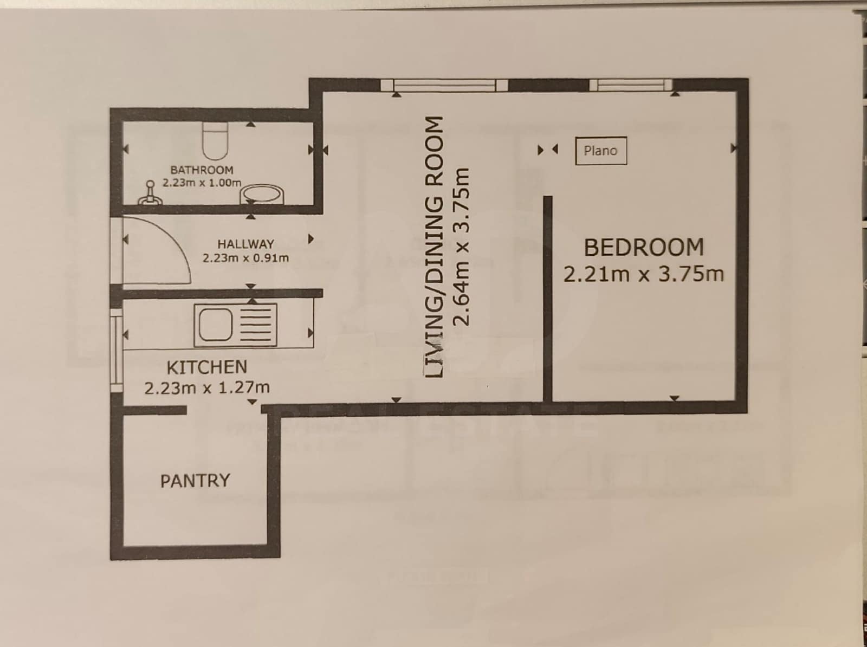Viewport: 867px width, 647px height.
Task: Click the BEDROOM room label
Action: point(644,248)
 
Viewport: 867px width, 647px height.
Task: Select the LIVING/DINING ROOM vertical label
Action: point(434,247)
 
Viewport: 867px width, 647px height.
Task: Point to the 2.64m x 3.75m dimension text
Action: point(461,247)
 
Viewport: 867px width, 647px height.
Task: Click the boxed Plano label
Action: point(601,151)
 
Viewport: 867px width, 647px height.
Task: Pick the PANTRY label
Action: point(195,481)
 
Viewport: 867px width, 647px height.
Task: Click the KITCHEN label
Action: point(207,367)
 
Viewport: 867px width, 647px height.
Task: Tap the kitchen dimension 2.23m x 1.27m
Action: point(207,387)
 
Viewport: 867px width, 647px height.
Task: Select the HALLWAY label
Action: point(245,244)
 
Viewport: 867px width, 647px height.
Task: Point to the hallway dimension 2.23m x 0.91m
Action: point(245,258)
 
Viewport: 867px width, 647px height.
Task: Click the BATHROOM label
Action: point(202,170)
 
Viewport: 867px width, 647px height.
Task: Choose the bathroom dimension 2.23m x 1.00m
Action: point(202,183)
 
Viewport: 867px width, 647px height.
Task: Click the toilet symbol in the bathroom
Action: point(215,141)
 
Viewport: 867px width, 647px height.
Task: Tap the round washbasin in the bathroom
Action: point(262,194)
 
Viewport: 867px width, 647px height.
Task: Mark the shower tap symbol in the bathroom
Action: point(150,193)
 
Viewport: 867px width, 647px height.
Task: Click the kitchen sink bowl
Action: point(215,325)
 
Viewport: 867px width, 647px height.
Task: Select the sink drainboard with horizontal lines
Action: point(256,325)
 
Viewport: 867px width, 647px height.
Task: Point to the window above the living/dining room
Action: point(444,85)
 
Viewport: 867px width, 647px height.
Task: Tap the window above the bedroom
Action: point(630,85)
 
